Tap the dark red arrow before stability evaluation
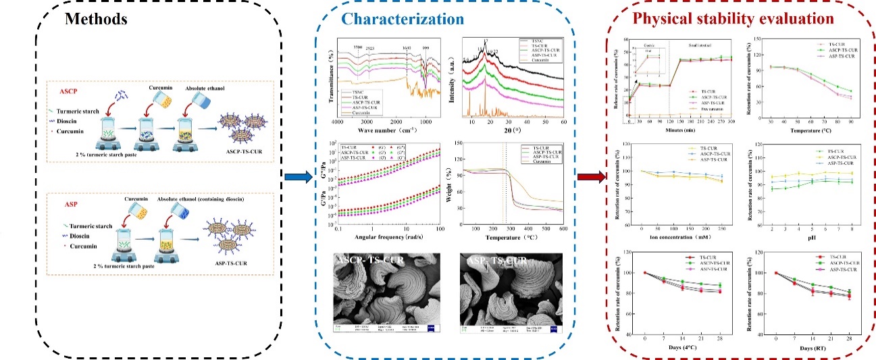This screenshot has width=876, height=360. pos(590,178)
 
